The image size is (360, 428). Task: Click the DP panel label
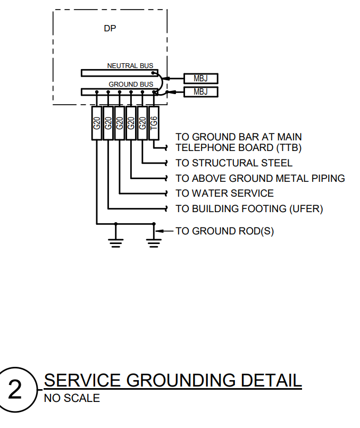coord(110,29)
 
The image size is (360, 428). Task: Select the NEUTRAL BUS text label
coord(130,66)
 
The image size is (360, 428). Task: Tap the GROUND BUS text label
coord(131,85)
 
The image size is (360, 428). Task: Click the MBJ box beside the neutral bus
coord(200,79)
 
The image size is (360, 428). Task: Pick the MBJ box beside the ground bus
coord(200,92)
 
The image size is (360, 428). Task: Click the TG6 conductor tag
coord(154,123)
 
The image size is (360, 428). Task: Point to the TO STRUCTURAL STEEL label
coord(234,163)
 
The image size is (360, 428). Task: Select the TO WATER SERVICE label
coord(224,194)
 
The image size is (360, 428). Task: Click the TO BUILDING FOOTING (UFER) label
coord(249,209)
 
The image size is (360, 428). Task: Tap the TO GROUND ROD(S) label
coord(224,231)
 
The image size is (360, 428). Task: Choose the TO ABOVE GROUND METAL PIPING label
coord(260,179)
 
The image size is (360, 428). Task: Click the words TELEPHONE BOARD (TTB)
coord(235,148)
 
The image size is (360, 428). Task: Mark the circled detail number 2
coord(15,391)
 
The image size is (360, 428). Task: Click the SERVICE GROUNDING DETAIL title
coord(172,381)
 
